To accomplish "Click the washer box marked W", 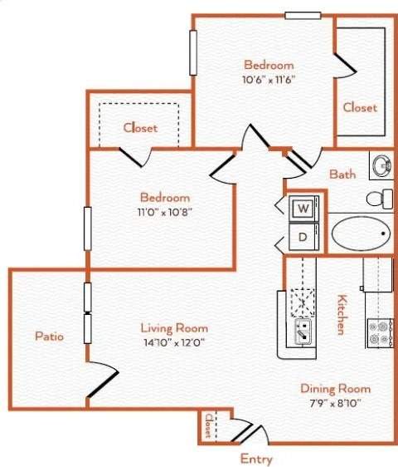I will [303, 208].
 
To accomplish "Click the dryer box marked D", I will [303, 237].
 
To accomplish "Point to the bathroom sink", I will [382, 165].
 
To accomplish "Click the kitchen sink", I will [302, 332].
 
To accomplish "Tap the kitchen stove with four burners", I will [380, 333].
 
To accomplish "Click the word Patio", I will [50, 336].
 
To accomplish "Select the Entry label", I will [255, 458].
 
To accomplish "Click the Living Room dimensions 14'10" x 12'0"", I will [173, 341].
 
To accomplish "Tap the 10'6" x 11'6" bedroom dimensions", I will [269, 80].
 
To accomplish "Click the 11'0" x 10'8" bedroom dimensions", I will [164, 212].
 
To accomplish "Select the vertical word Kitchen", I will [340, 313].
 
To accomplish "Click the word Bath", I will [342, 175].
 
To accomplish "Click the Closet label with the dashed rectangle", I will [140, 128].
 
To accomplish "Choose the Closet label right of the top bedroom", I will [360, 107].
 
